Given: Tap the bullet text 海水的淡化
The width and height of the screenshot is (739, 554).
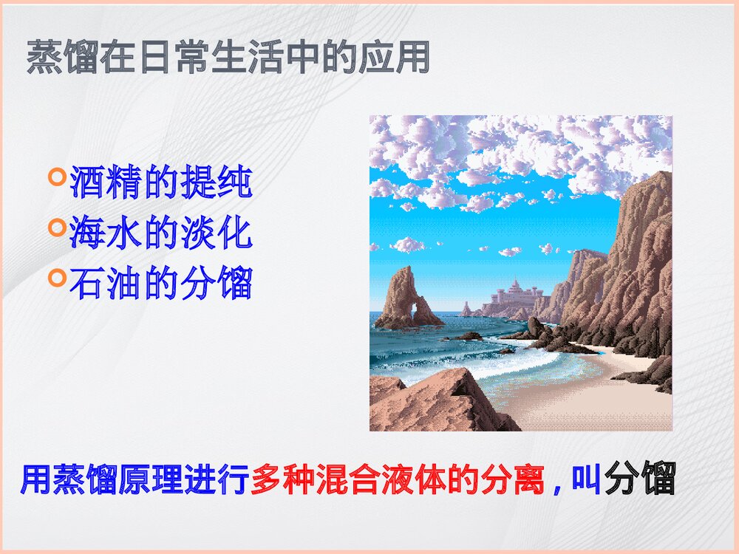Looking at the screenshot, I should pos(161,233).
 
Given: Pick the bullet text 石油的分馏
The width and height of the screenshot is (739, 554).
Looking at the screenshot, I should pos(161,284).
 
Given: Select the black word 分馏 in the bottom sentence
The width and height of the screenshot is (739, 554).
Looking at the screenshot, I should pos(640,479).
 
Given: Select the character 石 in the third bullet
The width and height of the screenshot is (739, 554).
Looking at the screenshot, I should pos(88,284).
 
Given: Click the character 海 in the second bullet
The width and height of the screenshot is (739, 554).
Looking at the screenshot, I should pos(88,233).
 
